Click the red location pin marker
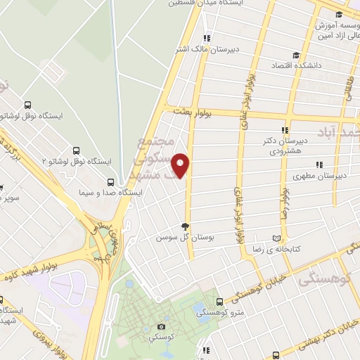(183, 165)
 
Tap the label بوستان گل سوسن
(184, 238)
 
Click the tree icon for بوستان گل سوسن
(186, 226)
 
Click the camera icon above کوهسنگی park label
(162, 326)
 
